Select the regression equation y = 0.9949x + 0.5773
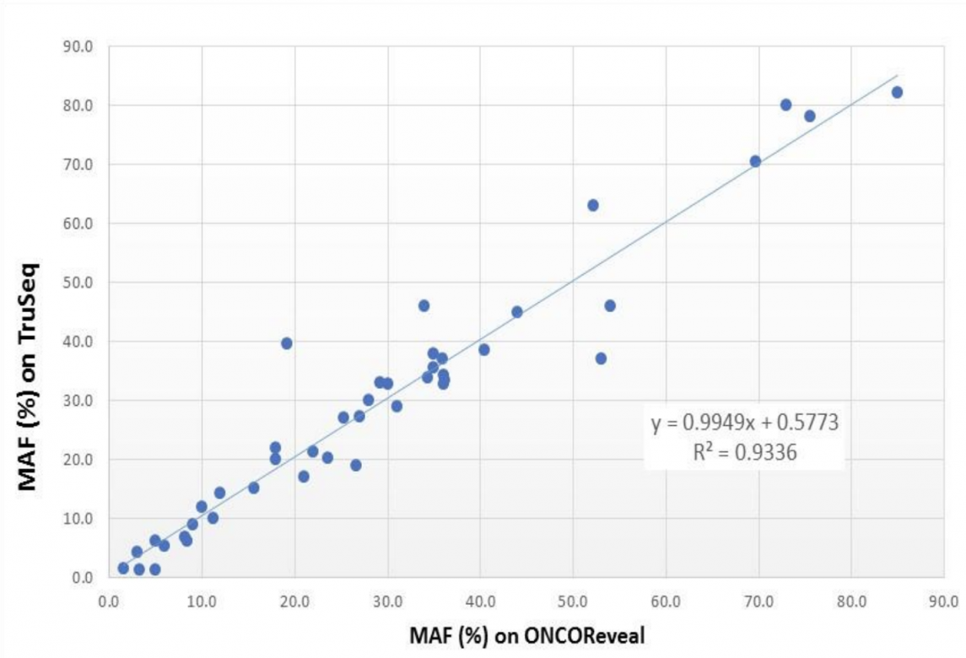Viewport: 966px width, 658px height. click(x=744, y=423)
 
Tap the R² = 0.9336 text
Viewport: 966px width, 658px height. click(x=744, y=453)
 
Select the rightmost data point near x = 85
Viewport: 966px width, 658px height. click(x=897, y=92)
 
